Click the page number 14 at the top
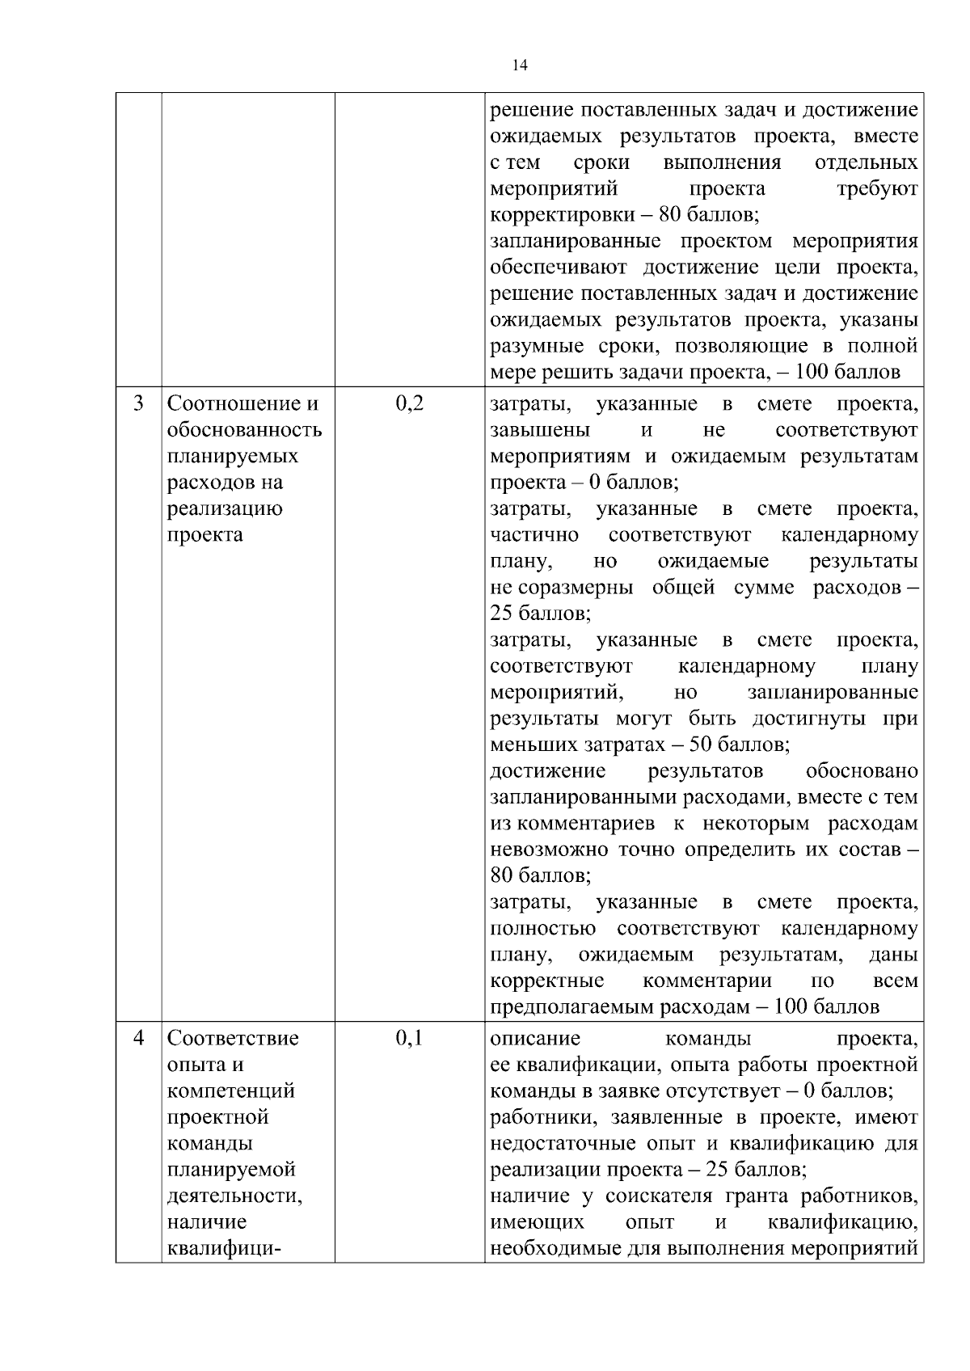(x=520, y=66)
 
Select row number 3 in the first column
(x=138, y=403)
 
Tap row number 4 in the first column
(x=138, y=1037)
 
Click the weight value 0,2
(x=409, y=403)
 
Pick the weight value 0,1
(x=409, y=1037)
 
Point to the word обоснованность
(x=244, y=429)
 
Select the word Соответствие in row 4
(x=233, y=1037)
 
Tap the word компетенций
(x=231, y=1090)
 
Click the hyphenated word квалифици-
(x=224, y=1249)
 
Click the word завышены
(x=540, y=429)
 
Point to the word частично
(x=534, y=535)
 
